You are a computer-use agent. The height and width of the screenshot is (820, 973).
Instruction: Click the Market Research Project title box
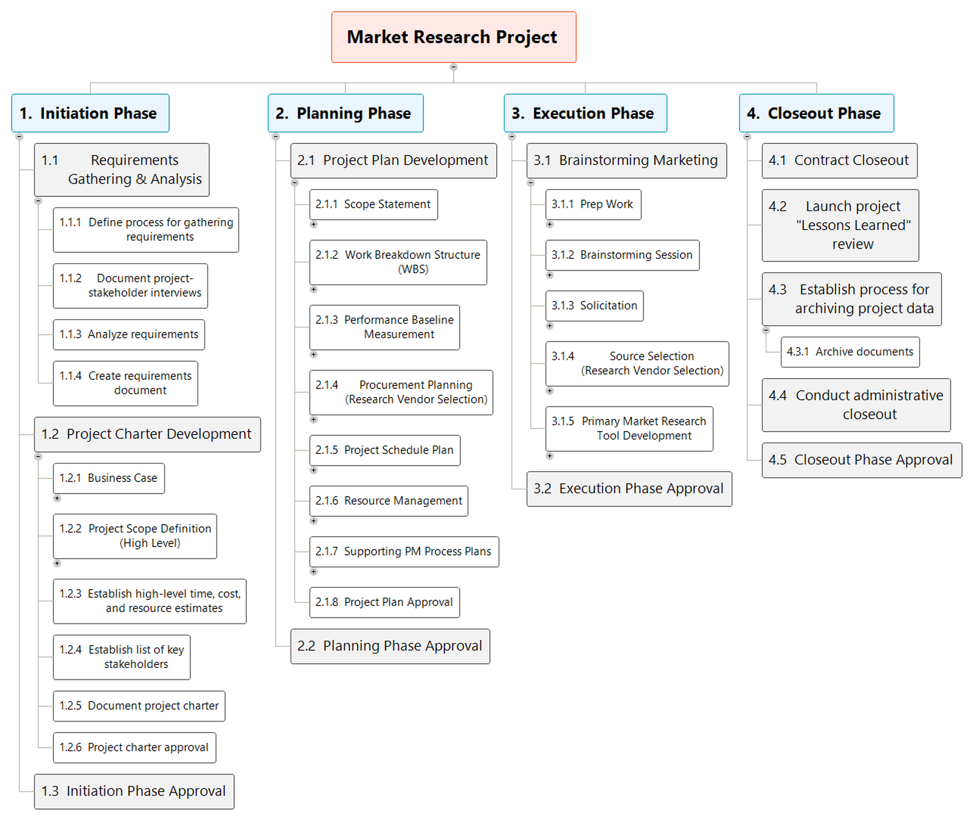(453, 37)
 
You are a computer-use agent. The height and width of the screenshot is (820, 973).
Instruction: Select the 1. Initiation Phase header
(90, 113)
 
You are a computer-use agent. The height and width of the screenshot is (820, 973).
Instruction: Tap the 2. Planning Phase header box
(345, 113)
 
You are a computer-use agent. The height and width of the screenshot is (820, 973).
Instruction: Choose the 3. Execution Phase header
(585, 113)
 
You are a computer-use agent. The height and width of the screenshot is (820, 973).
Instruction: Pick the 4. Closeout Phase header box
(816, 113)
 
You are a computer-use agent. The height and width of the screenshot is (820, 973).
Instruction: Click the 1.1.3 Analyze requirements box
(128, 334)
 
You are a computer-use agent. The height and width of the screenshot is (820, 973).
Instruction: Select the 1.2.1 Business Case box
(108, 478)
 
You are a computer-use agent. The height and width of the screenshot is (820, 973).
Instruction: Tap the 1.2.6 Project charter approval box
(134, 748)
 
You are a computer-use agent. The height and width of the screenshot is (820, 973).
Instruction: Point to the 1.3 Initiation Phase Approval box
(134, 791)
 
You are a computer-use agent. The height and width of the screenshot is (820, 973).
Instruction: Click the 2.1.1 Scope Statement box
(373, 204)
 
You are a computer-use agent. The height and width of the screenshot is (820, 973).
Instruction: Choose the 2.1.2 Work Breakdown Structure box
(398, 262)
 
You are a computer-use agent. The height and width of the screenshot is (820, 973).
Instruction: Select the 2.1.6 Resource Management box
(388, 501)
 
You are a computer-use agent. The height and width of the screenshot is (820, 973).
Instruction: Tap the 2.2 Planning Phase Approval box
(390, 646)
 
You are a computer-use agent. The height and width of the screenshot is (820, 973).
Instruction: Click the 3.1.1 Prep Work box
(593, 204)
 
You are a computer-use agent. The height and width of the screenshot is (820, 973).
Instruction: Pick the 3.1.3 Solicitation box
(594, 306)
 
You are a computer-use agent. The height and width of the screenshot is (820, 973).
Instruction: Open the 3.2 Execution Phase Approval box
(629, 489)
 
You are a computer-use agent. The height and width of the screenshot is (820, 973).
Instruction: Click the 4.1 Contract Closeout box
(839, 160)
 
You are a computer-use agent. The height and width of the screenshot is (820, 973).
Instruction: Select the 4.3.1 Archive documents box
(850, 352)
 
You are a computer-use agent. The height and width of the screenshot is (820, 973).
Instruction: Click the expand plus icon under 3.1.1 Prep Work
(550, 224)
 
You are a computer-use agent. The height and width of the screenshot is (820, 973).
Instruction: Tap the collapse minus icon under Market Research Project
(453, 67)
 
